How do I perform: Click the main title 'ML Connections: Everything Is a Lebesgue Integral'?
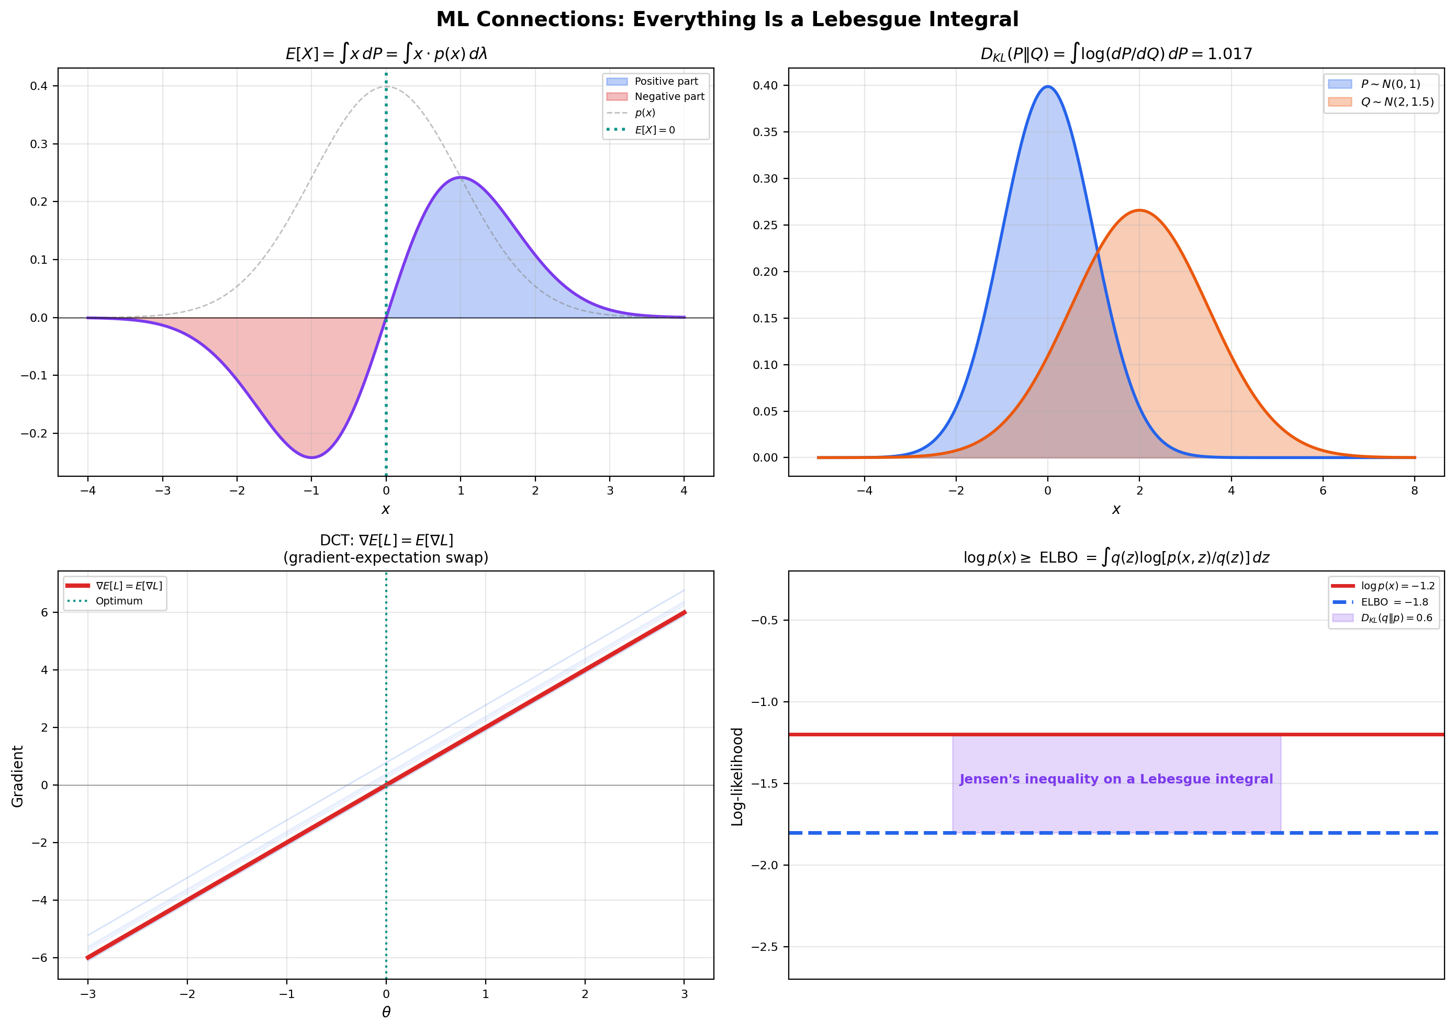pos(727,20)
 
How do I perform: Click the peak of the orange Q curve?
pos(1139,210)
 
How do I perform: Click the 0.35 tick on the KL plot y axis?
pos(765,132)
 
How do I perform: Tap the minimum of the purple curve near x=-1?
pos(312,457)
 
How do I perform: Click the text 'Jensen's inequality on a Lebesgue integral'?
pos(1115,779)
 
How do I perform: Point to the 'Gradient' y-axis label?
pos(18,776)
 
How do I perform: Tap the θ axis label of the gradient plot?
pos(386,1013)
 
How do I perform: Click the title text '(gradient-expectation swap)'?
pos(386,557)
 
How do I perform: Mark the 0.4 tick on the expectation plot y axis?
pos(39,86)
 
